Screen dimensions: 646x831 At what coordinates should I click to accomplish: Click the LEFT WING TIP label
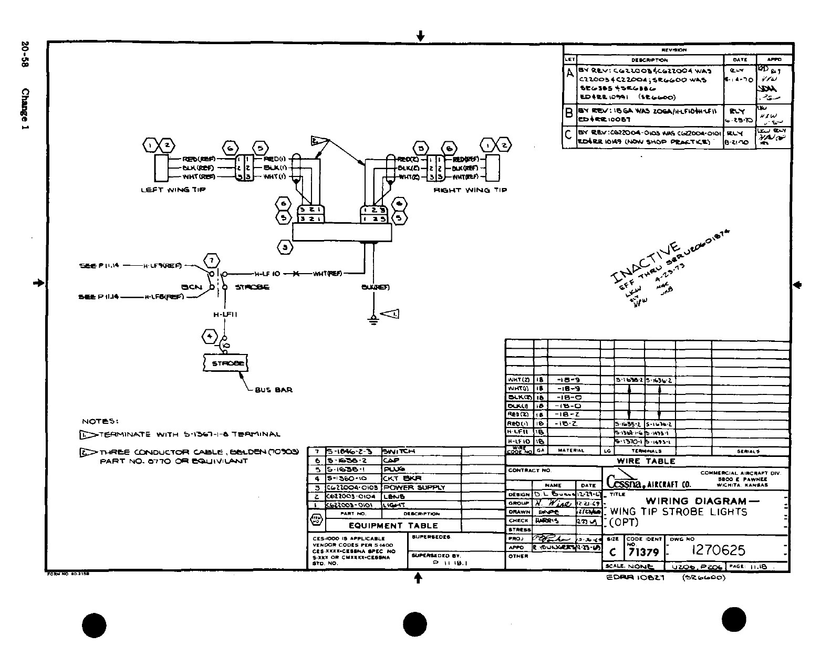click(173, 190)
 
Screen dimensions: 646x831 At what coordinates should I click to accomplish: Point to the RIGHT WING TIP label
click(470, 190)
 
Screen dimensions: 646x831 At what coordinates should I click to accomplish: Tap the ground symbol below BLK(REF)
click(373, 320)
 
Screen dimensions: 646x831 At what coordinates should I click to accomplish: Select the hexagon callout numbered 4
click(211, 336)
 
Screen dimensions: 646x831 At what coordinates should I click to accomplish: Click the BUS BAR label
click(273, 390)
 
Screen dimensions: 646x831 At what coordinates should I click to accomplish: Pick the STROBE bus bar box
click(225, 363)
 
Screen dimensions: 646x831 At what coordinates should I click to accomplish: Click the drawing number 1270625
click(718, 550)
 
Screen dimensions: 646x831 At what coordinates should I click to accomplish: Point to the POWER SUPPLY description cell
click(414, 487)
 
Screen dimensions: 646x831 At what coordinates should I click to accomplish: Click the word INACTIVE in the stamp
click(647, 263)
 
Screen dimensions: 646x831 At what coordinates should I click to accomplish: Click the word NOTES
click(100, 421)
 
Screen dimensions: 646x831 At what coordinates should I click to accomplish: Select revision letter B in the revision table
click(568, 113)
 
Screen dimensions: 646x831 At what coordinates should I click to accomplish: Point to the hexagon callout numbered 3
click(285, 247)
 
